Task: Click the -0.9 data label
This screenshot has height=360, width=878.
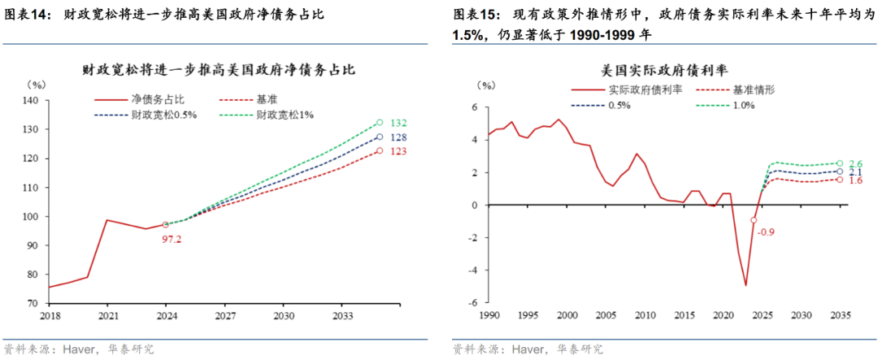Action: pyautogui.click(x=765, y=233)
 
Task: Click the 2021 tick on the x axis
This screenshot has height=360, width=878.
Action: pyautogui.click(x=108, y=314)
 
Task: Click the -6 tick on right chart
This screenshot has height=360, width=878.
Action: pyautogui.click(x=472, y=302)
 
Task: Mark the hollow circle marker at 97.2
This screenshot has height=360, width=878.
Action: pyautogui.click(x=166, y=224)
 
